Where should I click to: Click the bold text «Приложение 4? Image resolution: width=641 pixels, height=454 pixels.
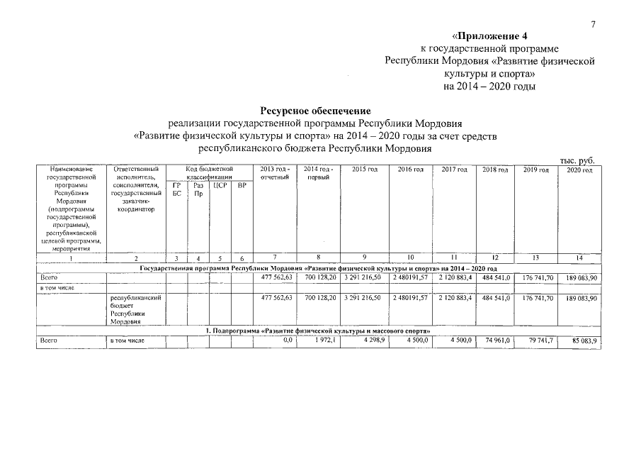[489, 35]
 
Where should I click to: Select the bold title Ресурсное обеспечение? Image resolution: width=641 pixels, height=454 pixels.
[315, 111]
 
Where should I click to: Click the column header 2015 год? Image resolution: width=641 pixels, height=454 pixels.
[364, 170]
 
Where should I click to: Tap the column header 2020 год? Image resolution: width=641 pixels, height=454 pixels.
[579, 170]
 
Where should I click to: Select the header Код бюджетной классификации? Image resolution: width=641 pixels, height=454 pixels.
[209, 173]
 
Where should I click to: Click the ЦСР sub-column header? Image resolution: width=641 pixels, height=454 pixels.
[220, 185]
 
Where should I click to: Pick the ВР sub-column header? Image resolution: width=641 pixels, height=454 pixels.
[242, 185]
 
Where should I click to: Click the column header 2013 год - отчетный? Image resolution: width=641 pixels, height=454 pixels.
[275, 173]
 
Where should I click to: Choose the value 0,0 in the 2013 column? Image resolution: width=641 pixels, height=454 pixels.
[288, 341]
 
